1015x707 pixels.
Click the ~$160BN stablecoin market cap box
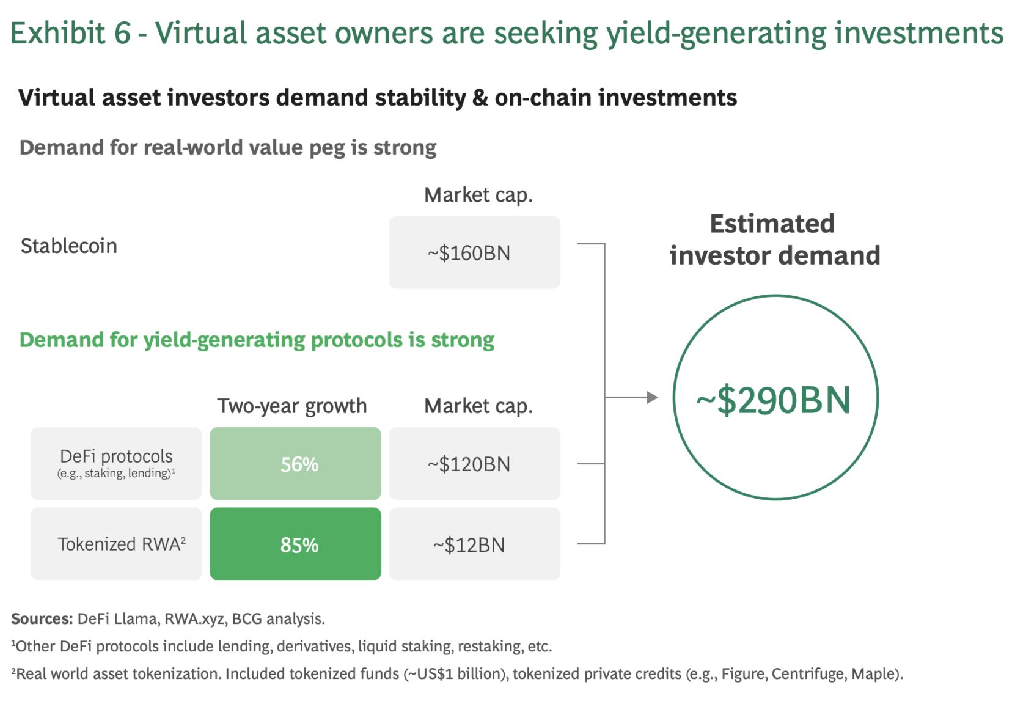(x=474, y=252)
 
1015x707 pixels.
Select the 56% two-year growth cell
(x=295, y=463)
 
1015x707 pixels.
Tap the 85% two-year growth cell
(x=295, y=543)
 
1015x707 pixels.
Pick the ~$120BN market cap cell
(x=474, y=463)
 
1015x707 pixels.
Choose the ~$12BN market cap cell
(x=474, y=543)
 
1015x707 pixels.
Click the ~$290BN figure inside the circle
(x=774, y=400)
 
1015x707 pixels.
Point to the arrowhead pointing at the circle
(x=653, y=397)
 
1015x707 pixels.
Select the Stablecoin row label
(x=69, y=246)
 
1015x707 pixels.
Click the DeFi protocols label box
(x=116, y=463)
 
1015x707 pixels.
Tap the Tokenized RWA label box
(x=116, y=543)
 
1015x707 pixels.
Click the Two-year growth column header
(x=292, y=406)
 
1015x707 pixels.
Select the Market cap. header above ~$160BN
(x=478, y=196)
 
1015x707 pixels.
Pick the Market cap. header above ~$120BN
(x=478, y=406)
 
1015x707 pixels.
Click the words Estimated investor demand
(x=775, y=240)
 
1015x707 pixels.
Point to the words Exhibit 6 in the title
(x=70, y=33)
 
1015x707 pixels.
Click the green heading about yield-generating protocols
(x=257, y=340)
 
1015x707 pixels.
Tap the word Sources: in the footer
(x=42, y=618)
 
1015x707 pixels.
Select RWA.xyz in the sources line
(x=194, y=619)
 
